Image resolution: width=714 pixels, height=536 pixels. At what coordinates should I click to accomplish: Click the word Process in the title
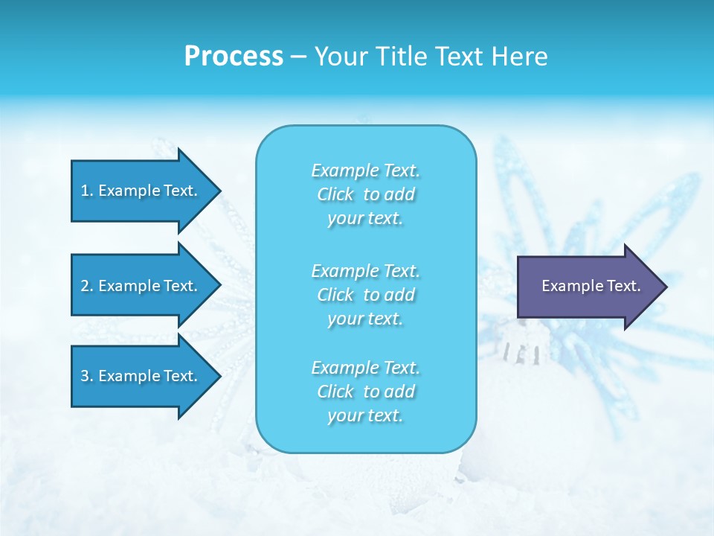coord(234,57)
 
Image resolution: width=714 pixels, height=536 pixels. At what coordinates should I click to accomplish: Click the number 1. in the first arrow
coord(87,191)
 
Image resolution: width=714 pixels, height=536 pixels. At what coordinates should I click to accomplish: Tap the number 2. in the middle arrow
coord(87,286)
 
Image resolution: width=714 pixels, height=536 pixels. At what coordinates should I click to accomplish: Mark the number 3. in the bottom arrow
coord(87,376)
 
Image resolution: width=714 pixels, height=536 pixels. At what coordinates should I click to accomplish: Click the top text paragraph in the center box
coord(366,194)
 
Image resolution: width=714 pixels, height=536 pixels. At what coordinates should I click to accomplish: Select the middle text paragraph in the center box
coord(366,295)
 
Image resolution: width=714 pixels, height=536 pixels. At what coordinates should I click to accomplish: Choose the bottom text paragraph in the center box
coord(366,392)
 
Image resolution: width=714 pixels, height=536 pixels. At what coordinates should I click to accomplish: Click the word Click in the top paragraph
coord(335,194)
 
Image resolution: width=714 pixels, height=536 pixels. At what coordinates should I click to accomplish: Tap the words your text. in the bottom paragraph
coord(366,415)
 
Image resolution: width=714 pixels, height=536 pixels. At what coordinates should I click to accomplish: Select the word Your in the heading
coord(341,57)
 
